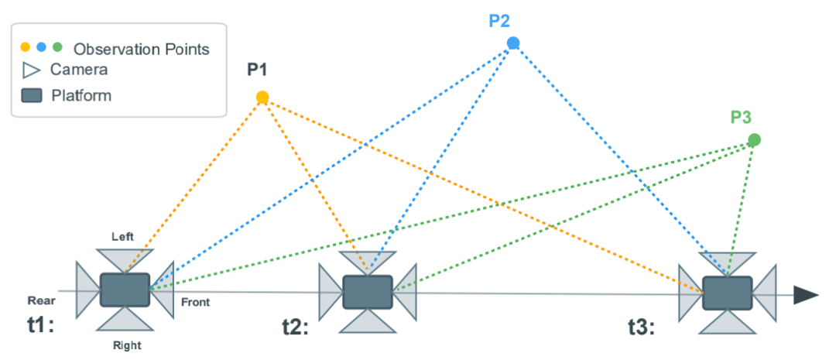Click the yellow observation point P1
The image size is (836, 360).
click(262, 98)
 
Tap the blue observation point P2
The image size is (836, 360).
click(512, 43)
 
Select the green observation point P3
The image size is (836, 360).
click(754, 140)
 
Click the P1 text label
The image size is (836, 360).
click(257, 70)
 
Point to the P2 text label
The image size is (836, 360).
click(500, 20)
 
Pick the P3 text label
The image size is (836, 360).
click(741, 118)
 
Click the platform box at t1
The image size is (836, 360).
click(125, 290)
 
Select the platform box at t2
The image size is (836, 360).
click(368, 292)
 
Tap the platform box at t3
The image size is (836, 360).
click(727, 293)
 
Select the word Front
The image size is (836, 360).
click(195, 303)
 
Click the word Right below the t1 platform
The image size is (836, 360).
click(126, 346)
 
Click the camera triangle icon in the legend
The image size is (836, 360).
click(31, 70)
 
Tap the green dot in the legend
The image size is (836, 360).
click(57, 48)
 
